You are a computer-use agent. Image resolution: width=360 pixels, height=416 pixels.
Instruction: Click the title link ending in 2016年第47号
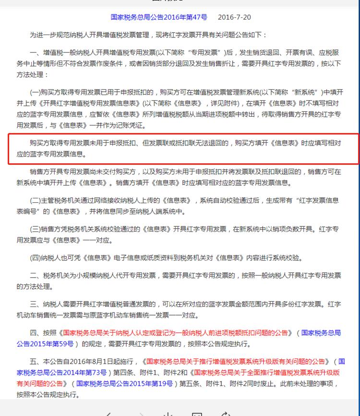pos(159,17)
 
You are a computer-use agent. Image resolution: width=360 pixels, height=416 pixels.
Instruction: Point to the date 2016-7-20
pos(234,17)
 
